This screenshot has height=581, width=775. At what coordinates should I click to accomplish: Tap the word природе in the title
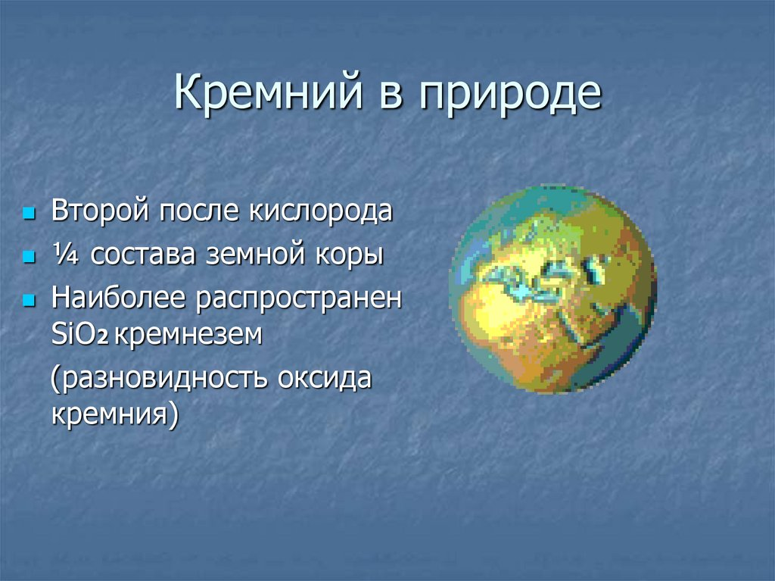pyautogui.click(x=510, y=96)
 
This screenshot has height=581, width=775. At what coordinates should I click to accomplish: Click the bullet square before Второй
pyautogui.click(x=30, y=214)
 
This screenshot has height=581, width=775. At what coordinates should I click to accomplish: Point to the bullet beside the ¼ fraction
pyautogui.click(x=30, y=258)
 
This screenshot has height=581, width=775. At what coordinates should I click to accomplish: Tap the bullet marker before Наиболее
pyautogui.click(x=30, y=301)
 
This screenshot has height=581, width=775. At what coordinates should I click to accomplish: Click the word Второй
pyautogui.click(x=100, y=211)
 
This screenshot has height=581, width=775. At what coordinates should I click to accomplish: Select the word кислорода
pyautogui.click(x=320, y=211)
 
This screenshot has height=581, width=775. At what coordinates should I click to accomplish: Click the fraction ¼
pyautogui.click(x=65, y=255)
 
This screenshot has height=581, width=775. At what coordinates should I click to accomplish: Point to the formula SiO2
pyautogui.click(x=79, y=335)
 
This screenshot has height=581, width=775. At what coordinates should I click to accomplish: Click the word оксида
pyautogui.click(x=324, y=379)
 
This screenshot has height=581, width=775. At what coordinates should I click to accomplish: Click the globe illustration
pyautogui.click(x=552, y=289)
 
